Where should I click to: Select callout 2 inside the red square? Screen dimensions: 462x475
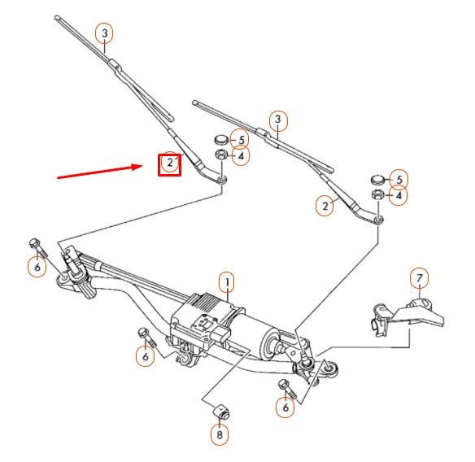coord(169,164)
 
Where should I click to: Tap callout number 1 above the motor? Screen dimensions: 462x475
coord(227,282)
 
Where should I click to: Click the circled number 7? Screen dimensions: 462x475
coord(419,279)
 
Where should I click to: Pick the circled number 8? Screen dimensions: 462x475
coord(218,436)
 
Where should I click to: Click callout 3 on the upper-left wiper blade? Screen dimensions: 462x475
coord(104,33)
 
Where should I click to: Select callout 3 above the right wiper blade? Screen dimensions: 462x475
coord(278,121)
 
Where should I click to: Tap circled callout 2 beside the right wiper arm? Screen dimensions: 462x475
coord(325,207)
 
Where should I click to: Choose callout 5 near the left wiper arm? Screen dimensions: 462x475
coord(239,139)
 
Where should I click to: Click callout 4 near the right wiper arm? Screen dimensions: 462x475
coord(399,196)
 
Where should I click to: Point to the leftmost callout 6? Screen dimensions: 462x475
coord(37,266)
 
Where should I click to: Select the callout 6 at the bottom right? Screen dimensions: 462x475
coord(284,407)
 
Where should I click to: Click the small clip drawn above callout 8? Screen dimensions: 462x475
coord(218,411)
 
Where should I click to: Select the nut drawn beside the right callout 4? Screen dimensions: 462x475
coord(377,195)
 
